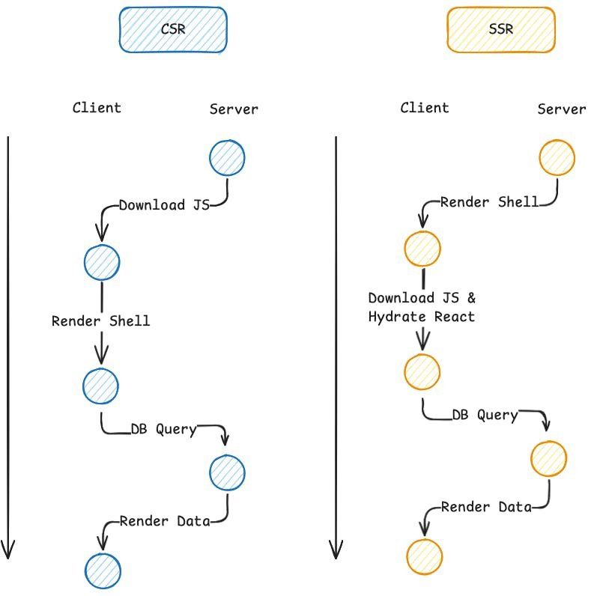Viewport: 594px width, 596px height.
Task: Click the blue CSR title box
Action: pyautogui.click(x=172, y=30)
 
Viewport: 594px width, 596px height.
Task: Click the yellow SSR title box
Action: pyautogui.click(x=500, y=30)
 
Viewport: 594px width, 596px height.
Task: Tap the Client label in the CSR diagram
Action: pyautogui.click(x=97, y=107)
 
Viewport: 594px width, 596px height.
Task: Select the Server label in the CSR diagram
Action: pyautogui.click(x=234, y=109)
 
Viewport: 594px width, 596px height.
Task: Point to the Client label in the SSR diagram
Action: pyautogui.click(x=425, y=107)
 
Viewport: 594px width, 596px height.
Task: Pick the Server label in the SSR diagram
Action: pyautogui.click(x=562, y=109)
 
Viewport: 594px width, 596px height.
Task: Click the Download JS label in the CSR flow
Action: pyautogui.click(x=163, y=204)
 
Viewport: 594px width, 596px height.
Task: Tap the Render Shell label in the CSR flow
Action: pyautogui.click(x=101, y=320)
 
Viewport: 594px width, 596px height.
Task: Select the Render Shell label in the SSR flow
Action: pyautogui.click(x=489, y=202)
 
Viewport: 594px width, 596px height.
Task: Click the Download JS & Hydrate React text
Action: pyautogui.click(x=422, y=307)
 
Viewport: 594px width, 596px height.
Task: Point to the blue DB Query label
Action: pyautogui.click(x=163, y=429)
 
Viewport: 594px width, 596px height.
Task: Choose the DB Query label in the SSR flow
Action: pyautogui.click(x=485, y=415)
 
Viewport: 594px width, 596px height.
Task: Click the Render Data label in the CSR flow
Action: pyautogui.click(x=165, y=521)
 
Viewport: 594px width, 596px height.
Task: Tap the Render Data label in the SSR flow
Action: pyautogui.click(x=486, y=507)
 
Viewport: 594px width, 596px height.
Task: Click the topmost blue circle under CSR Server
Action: pyautogui.click(x=227, y=157)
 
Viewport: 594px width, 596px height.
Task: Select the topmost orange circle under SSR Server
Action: pyautogui.click(x=557, y=158)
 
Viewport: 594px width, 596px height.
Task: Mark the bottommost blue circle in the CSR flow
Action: pyautogui.click(x=103, y=571)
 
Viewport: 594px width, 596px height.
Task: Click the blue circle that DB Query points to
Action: pyautogui.click(x=227, y=472)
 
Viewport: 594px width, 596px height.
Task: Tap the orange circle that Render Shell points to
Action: pyautogui.click(x=422, y=250)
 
